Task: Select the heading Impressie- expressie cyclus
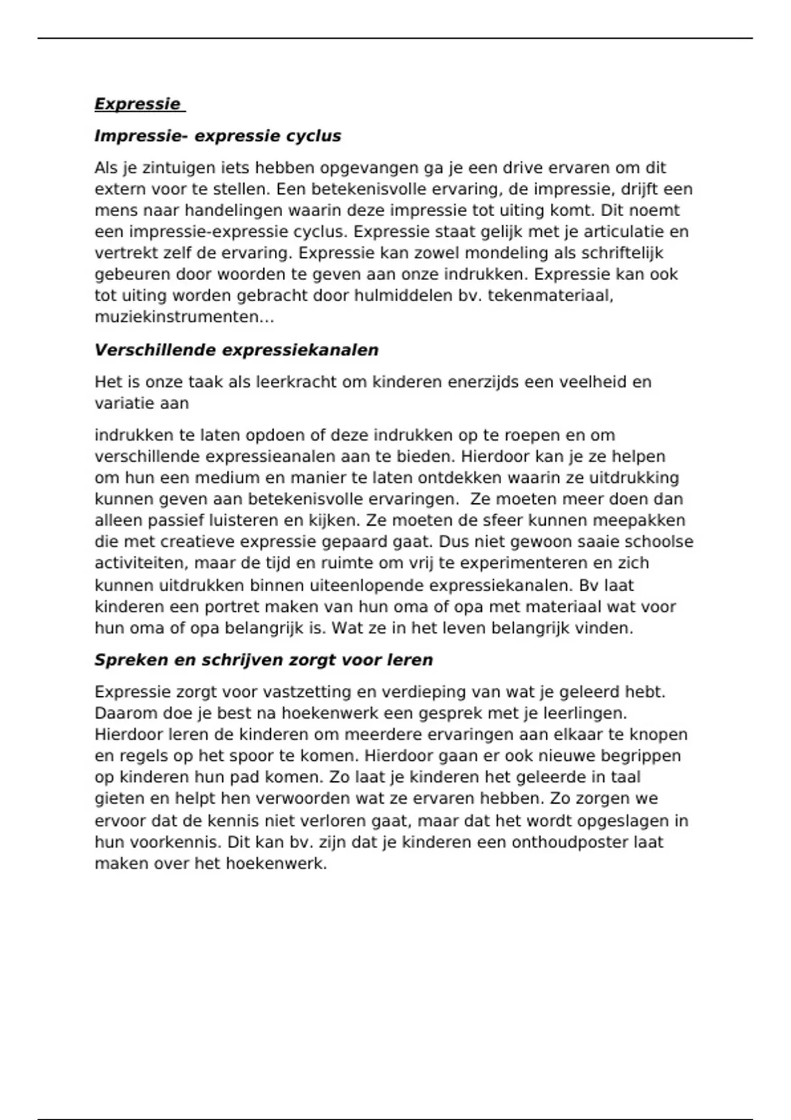[218, 136]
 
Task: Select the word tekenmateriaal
[550, 296]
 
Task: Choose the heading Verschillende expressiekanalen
[236, 350]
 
